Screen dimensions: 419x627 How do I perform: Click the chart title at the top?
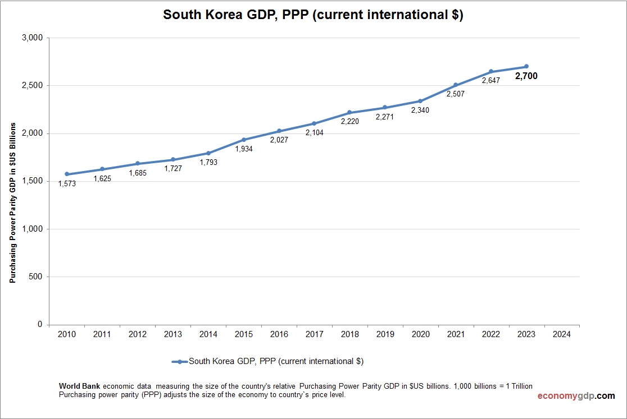pyautogui.click(x=313, y=15)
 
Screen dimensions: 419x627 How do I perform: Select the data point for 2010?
pyautogui.click(x=67, y=174)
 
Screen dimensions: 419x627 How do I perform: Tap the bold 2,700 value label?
pyautogui.click(x=526, y=76)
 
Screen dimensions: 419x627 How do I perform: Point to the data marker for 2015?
pyautogui.click(x=244, y=140)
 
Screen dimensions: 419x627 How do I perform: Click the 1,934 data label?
pyautogui.click(x=244, y=149)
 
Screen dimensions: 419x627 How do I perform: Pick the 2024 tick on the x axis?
pyautogui.click(x=561, y=334)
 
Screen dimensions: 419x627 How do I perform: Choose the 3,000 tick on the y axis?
pyautogui.click(x=32, y=38)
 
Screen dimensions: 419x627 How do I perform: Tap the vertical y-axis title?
pyautogui.click(x=12, y=202)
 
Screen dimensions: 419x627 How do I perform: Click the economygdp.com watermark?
pyautogui.click(x=576, y=396)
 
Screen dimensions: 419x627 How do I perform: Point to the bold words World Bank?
pyautogui.click(x=80, y=386)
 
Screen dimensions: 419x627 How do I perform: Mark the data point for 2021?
pyautogui.click(x=456, y=85)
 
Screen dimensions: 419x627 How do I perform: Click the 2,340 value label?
pyautogui.click(x=420, y=110)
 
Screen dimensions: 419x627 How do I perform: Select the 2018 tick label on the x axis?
pyautogui.click(x=349, y=334)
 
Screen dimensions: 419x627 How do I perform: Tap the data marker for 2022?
pyautogui.click(x=491, y=71)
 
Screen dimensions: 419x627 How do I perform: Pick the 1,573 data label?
pyautogui.click(x=67, y=183)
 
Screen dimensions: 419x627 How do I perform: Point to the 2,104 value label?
pyautogui.click(x=315, y=133)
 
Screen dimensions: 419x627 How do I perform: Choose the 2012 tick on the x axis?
pyautogui.click(x=138, y=334)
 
